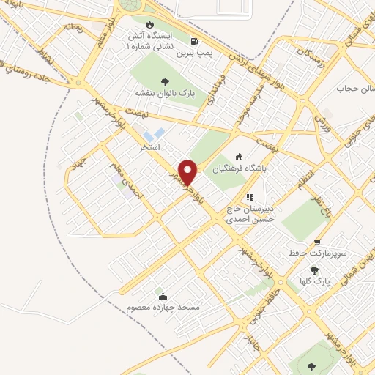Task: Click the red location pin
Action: (x=188, y=173)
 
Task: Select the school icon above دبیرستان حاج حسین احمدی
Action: (x=249, y=196)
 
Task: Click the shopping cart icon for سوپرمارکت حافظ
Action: (x=317, y=242)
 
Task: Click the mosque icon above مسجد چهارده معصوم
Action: (x=162, y=296)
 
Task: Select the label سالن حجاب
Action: (x=350, y=89)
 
